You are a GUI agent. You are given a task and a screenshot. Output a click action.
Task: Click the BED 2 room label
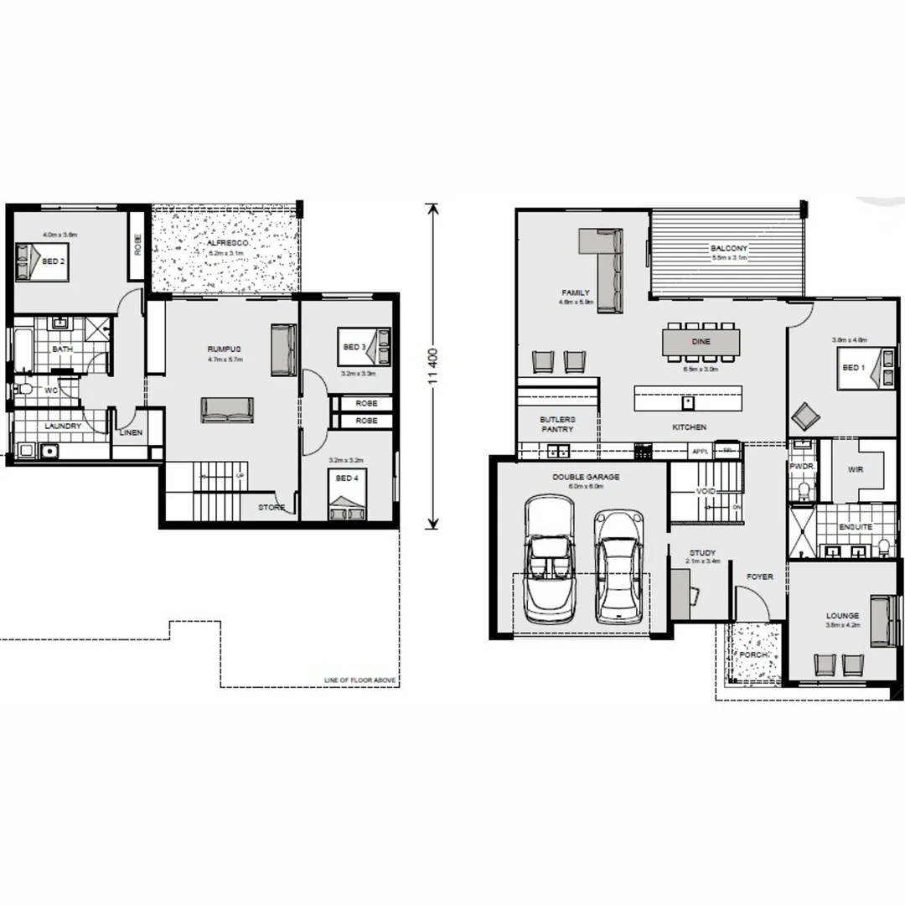click(54, 261)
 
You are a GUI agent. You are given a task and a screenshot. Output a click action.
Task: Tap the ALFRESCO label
click(225, 242)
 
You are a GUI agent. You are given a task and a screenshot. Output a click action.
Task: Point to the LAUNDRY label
click(63, 426)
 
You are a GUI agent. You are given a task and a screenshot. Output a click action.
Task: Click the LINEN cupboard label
click(131, 433)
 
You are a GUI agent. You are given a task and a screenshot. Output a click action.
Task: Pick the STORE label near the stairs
click(271, 508)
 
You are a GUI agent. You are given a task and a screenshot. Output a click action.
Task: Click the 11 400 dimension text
click(432, 367)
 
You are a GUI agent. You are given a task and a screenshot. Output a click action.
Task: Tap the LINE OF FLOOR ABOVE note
click(359, 680)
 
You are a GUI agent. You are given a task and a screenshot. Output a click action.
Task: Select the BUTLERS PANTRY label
click(556, 424)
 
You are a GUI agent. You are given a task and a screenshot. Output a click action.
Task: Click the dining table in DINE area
click(701, 341)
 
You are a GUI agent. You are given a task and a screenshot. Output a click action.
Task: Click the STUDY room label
click(702, 553)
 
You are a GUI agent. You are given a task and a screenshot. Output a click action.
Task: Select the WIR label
click(855, 470)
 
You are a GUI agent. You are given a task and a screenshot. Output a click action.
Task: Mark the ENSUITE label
click(856, 527)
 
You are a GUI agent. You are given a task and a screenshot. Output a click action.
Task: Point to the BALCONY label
click(728, 249)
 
